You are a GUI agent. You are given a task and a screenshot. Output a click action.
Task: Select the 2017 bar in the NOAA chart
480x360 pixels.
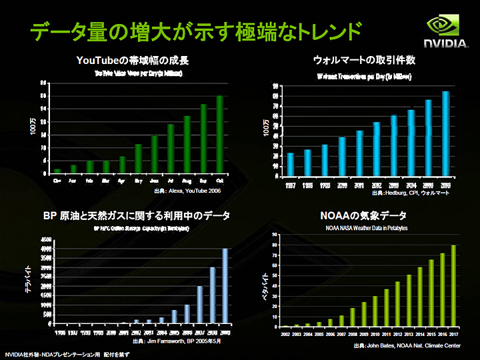[x=453, y=286]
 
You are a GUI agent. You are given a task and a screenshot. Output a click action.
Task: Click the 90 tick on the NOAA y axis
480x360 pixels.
[x=274, y=235]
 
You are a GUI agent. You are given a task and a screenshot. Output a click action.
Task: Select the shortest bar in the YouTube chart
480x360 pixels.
[x=57, y=171]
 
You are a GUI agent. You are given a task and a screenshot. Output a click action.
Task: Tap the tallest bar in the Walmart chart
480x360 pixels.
[x=446, y=133]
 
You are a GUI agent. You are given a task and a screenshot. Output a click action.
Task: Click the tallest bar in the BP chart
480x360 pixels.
[x=225, y=285]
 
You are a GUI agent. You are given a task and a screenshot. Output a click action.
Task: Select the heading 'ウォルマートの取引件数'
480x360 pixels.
[x=364, y=60]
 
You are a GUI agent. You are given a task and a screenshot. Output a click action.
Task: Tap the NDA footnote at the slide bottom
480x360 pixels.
[x=67, y=354]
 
